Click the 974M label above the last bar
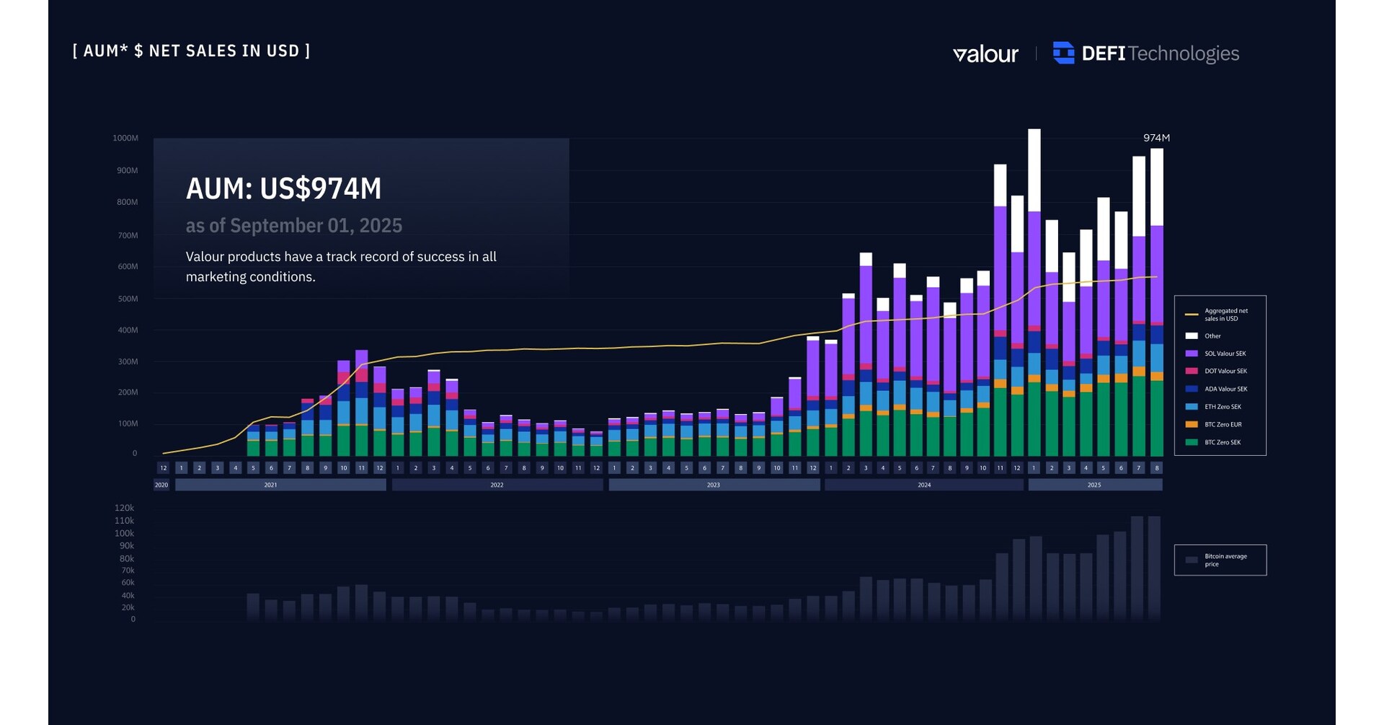1156,138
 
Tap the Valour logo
985,54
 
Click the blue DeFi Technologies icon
1063,53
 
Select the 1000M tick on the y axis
125,139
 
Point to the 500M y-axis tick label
128,299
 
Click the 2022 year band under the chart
497,485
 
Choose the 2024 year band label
924,485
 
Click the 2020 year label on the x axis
161,485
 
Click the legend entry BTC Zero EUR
1223,424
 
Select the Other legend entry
1212,336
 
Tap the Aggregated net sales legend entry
1225,315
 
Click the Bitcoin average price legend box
1220,560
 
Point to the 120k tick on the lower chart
124,508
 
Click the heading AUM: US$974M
283,189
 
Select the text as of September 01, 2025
293,226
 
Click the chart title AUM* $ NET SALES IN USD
191,51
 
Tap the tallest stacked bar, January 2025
1034,289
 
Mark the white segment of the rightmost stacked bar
1156,188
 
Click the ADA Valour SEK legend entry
1225,389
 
